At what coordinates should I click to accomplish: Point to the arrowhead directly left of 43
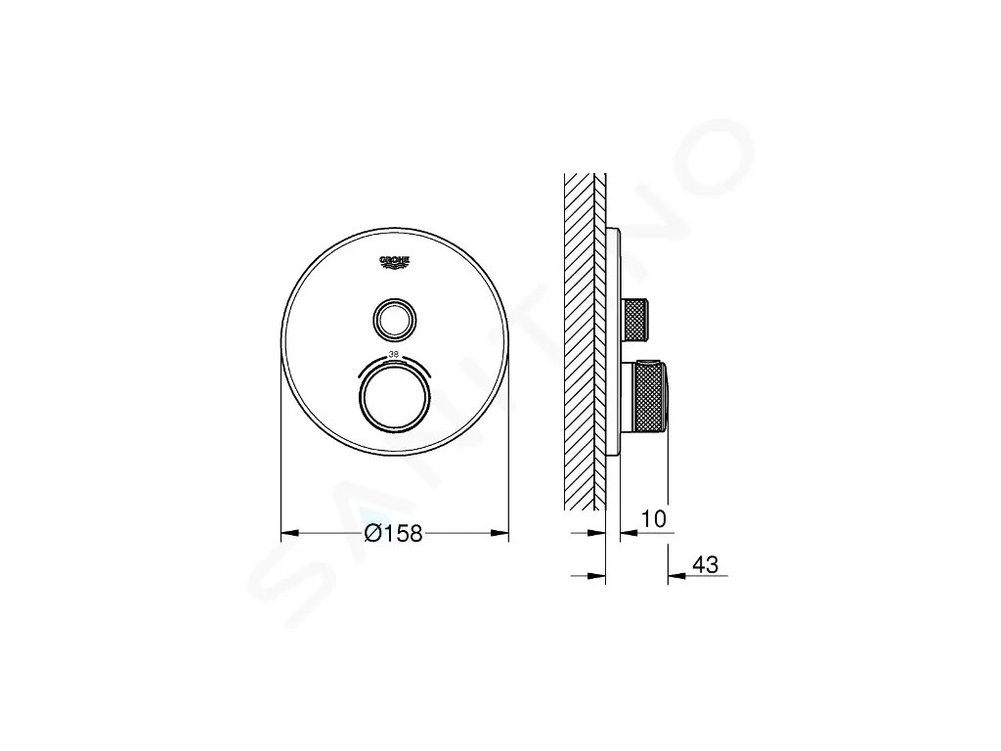675,575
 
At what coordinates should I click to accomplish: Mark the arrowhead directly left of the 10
629,533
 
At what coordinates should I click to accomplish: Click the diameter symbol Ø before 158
371,534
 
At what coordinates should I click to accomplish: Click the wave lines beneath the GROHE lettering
395,269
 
